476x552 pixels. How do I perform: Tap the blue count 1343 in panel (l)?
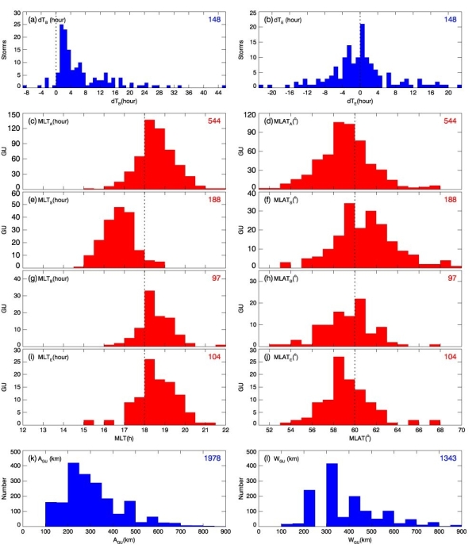tap(450, 460)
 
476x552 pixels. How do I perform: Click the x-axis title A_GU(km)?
tap(124, 544)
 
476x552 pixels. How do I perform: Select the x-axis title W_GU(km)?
tap(363, 544)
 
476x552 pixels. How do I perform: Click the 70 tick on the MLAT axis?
tap(463, 431)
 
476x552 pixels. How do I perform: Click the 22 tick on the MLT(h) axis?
tap(225, 431)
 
